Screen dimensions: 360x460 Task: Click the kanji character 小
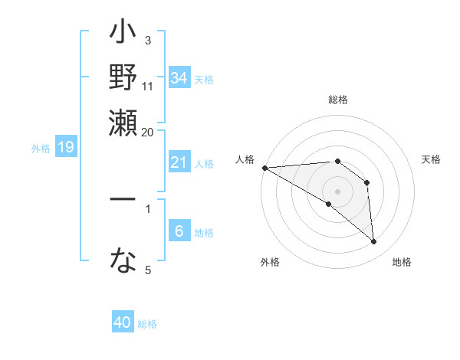pos(123,35)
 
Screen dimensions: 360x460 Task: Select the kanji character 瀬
pos(123,121)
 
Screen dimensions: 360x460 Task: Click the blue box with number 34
pos(179,78)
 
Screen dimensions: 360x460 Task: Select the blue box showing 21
pos(179,162)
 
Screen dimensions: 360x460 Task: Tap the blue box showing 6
pos(179,231)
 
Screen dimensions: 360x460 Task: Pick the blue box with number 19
pos(66,147)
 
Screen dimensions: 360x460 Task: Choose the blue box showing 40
pos(123,322)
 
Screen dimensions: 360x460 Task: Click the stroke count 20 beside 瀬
pos(148,132)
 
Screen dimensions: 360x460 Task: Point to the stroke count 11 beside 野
pos(148,86)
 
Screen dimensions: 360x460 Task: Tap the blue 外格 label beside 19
pos(41,148)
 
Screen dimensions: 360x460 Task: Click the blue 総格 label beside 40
pos(147,324)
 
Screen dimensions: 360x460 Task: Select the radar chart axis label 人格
pos(245,159)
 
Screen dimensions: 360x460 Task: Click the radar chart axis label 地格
pos(402,262)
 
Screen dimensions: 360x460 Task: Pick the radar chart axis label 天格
pos(432,159)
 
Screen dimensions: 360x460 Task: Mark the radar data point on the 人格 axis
pos(264,168)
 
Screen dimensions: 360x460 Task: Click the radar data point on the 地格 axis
pos(374,242)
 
